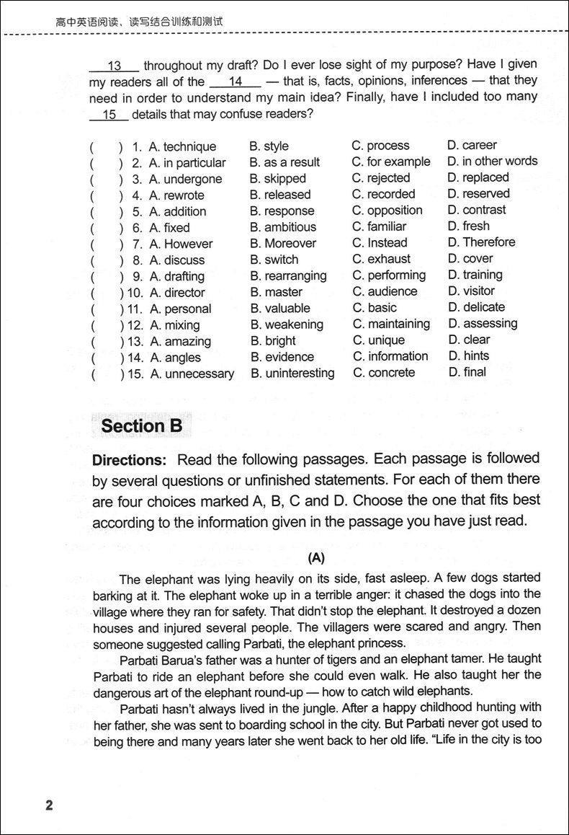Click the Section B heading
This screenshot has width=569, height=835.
(x=142, y=426)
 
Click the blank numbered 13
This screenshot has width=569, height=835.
(x=115, y=66)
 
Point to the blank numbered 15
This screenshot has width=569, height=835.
(x=109, y=115)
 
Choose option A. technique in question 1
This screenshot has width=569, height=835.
(x=182, y=147)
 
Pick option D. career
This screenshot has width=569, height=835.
(x=472, y=145)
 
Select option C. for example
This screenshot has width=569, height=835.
(x=390, y=162)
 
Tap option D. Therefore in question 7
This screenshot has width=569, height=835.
(x=481, y=242)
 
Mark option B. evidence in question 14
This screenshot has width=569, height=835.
(x=282, y=357)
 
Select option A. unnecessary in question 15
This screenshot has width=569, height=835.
(x=192, y=374)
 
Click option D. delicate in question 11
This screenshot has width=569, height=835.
(x=476, y=307)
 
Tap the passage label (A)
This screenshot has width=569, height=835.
(x=316, y=557)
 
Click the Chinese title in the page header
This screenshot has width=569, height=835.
(x=140, y=22)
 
